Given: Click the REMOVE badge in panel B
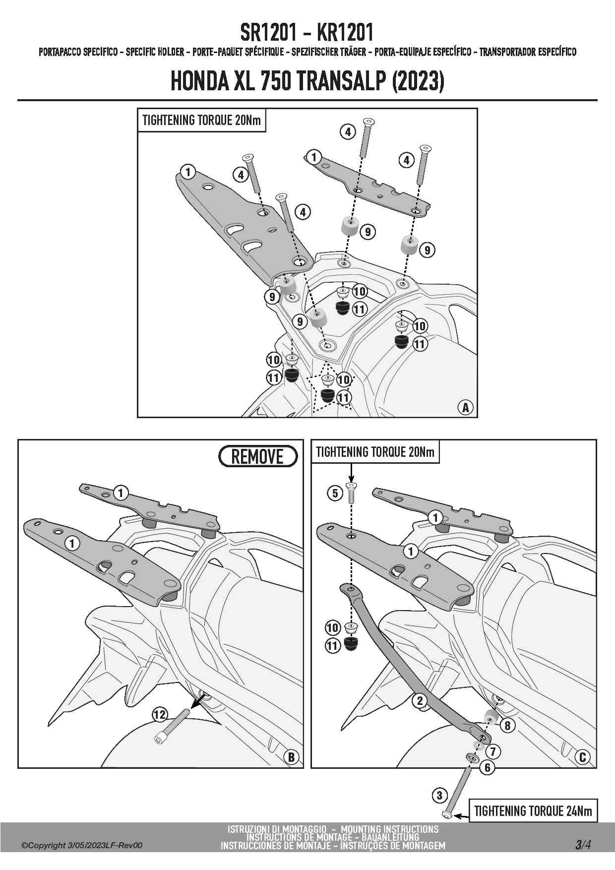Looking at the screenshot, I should [258, 456].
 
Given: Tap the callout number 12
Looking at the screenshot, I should [160, 715].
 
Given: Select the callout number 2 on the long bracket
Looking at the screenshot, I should [420, 700].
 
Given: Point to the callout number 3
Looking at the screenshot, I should [439, 796].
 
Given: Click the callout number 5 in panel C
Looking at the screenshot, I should [335, 493].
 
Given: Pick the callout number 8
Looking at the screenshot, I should [507, 725].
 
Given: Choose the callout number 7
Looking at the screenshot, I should [492, 751].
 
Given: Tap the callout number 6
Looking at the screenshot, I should [488, 768].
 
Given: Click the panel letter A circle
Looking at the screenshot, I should [465, 408].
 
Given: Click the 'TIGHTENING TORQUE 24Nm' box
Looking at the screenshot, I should [533, 811].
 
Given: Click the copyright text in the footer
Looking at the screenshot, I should [82, 845].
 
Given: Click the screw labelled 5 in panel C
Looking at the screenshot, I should [351, 492].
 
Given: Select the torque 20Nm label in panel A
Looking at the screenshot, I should [201, 121].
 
